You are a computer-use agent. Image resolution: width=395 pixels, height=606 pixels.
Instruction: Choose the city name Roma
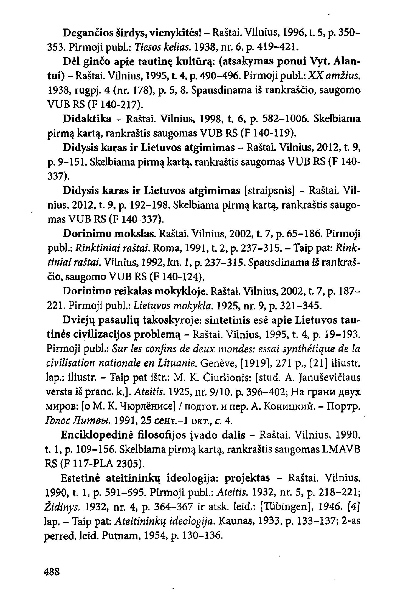166,248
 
